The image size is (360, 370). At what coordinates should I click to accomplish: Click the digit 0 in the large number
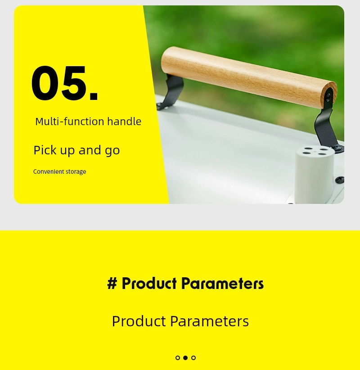46,83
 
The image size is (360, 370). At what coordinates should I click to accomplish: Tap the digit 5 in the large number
74,83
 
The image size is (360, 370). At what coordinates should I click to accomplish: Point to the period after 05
94,96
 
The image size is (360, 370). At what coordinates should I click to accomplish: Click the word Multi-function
70,122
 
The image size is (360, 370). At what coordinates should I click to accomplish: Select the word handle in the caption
124,122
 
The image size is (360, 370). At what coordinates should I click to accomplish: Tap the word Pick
45,150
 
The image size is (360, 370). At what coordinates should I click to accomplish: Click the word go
112,151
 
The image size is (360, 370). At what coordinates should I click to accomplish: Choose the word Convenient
48,171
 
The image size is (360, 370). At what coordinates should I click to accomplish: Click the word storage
76,172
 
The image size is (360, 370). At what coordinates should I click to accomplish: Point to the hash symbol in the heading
112,283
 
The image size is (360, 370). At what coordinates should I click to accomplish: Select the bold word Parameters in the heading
222,283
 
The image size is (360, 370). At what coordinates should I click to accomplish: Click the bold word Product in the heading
149,283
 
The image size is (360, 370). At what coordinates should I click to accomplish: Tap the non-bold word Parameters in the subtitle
209,321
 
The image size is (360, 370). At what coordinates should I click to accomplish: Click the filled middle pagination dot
185,358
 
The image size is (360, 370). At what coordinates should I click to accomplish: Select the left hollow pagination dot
178,358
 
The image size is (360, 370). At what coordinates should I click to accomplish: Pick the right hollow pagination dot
193,358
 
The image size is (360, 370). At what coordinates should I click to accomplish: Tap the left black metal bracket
171,91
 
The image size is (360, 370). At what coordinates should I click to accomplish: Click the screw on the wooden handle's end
328,96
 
